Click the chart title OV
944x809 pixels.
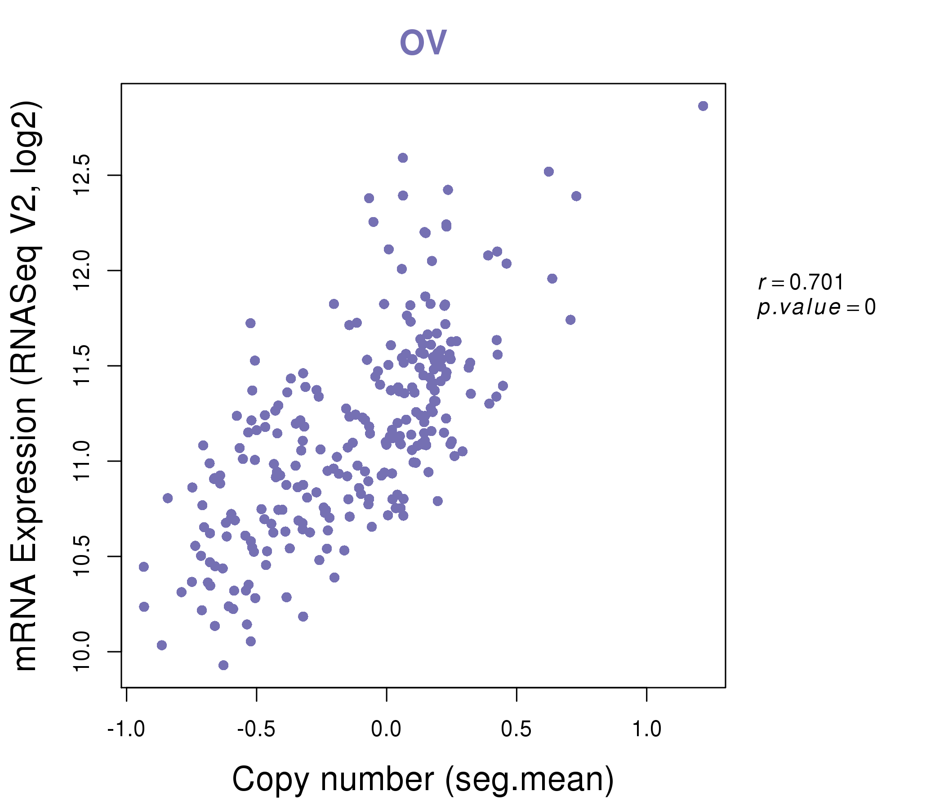pyautogui.click(x=423, y=42)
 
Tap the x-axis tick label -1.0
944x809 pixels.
pyautogui.click(x=126, y=729)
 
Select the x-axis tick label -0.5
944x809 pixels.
pyautogui.click(x=256, y=729)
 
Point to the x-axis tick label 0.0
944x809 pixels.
pyautogui.click(x=386, y=729)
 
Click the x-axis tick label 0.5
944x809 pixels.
pyautogui.click(x=516, y=729)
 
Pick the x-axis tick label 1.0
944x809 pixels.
pyautogui.click(x=646, y=729)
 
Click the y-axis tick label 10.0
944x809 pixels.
pyautogui.click(x=82, y=651)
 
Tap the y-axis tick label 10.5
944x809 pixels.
pyautogui.click(x=82, y=556)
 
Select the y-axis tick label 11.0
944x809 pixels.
pyautogui.click(x=82, y=461)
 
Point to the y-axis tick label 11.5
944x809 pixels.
pyautogui.click(x=82, y=366)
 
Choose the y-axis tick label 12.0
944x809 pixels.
pyautogui.click(x=82, y=271)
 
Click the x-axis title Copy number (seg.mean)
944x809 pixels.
pyautogui.click(x=423, y=779)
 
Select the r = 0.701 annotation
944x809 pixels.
pyautogui.click(x=801, y=282)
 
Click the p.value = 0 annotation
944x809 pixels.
pyautogui.click(x=816, y=307)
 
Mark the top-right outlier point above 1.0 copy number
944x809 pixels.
pyautogui.click(x=703, y=106)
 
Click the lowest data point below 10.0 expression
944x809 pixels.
pyautogui.click(x=223, y=665)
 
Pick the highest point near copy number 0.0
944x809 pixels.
pyautogui.click(x=403, y=158)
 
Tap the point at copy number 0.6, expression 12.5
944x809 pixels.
pyautogui.click(x=548, y=172)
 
